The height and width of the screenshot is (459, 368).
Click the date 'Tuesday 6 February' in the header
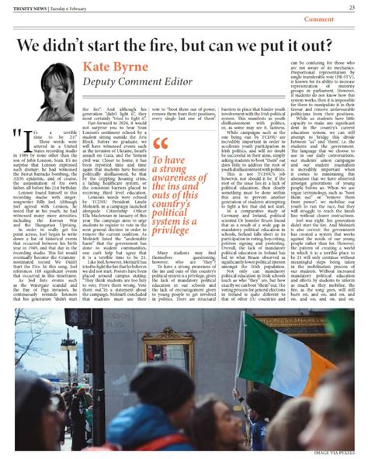(68, 8)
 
